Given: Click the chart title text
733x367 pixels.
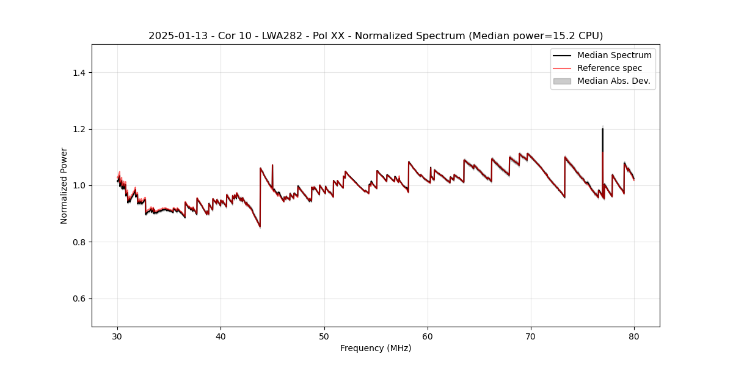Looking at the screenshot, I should pos(376,35).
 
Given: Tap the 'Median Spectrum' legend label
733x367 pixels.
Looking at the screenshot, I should pos(614,55).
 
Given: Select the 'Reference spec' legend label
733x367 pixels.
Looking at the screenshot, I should pos(610,68).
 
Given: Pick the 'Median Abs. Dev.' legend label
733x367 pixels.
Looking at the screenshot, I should pos(613,81).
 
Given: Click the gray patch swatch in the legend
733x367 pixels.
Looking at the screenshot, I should pos(561,81).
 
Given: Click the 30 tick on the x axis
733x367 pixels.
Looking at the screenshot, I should pos(118,336).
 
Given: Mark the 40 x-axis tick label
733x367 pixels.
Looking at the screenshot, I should pos(221,336).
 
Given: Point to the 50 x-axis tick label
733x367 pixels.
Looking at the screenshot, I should pos(324,336).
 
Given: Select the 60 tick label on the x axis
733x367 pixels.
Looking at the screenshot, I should pos(428,336).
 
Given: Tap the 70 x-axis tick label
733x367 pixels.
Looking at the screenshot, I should pos(531,336).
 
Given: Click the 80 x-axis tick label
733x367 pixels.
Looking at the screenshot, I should pos(634,336).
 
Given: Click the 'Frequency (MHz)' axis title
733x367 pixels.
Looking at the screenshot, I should pos(376,348).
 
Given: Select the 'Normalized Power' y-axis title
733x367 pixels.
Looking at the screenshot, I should pos(64,185).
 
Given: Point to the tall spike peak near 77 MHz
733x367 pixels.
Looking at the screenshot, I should pos(602,128).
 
